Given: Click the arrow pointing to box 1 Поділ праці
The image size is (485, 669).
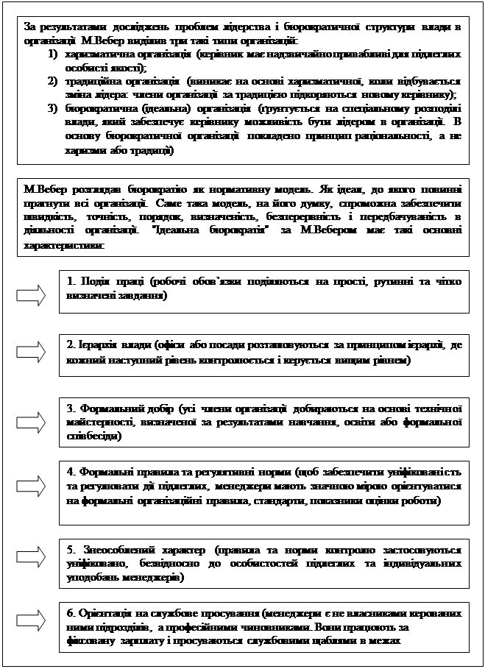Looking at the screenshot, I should coord(30,295).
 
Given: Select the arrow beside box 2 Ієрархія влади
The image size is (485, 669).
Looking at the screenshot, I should coord(30,352).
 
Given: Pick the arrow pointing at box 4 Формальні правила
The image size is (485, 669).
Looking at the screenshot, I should coord(30,484).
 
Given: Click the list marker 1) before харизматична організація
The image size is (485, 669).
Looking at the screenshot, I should coord(52,55).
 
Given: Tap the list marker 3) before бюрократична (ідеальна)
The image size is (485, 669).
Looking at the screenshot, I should coord(52,108).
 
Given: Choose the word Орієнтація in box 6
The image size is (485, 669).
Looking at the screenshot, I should coord(100,613).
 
